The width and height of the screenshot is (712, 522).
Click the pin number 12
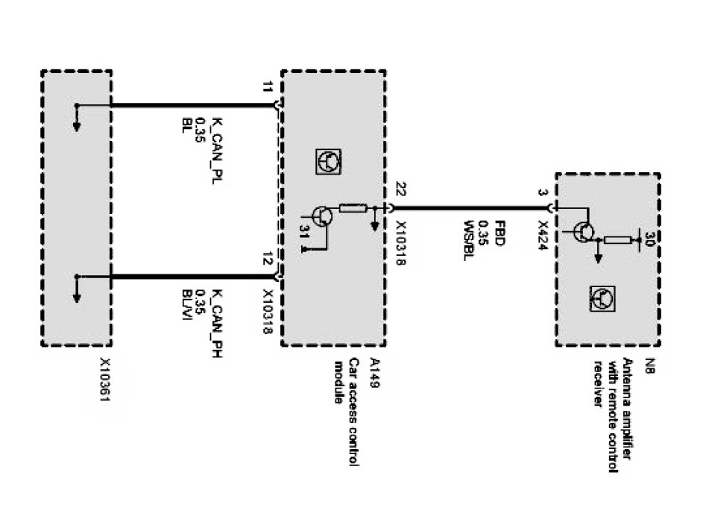pos(267,260)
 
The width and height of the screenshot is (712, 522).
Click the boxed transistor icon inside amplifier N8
pos(602,299)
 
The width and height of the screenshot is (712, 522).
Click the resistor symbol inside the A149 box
pos(352,208)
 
